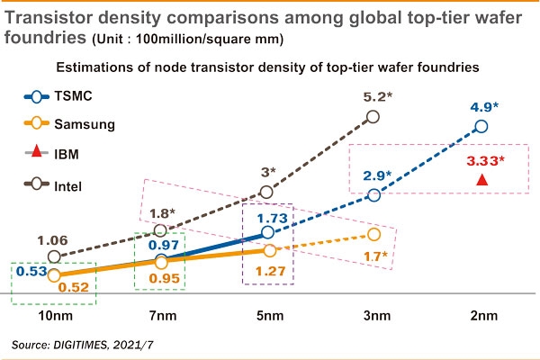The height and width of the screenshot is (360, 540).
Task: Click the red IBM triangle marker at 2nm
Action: click(481, 180)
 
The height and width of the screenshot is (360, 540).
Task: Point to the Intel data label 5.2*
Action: click(375, 96)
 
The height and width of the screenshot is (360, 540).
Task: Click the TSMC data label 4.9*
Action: click(482, 105)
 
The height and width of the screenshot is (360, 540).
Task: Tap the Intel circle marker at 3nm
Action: click(375, 117)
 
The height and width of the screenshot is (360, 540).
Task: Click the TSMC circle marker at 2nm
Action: click(481, 126)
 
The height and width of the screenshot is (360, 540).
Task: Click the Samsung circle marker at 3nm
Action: click(374, 235)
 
